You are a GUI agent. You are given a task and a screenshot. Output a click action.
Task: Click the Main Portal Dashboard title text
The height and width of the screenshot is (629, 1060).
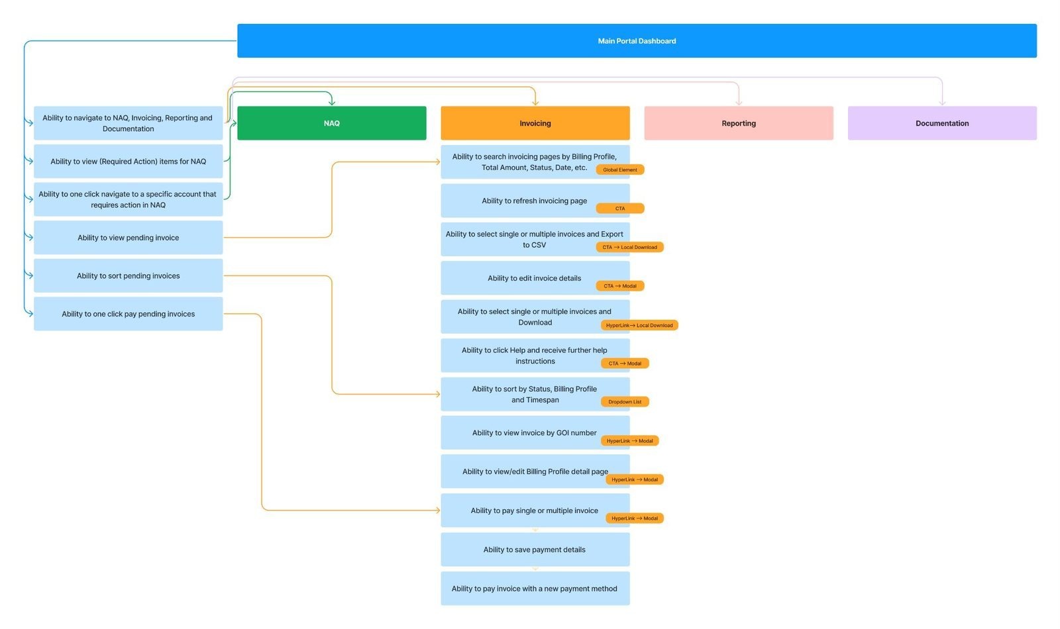[x=637, y=41]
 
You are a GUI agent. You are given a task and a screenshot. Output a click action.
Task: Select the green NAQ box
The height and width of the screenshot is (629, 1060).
[x=331, y=123]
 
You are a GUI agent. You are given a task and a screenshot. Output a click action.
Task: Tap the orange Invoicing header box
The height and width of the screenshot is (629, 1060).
[x=535, y=123]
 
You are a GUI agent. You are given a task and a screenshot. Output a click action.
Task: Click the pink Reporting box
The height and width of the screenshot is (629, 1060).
[x=738, y=123]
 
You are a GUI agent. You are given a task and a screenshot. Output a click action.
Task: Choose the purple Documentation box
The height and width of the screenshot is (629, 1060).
[x=941, y=123]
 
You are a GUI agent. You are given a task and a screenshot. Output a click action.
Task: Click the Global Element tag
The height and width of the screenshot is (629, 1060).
[x=619, y=169]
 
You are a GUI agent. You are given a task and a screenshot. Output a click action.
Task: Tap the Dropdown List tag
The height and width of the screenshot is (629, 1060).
[x=625, y=402]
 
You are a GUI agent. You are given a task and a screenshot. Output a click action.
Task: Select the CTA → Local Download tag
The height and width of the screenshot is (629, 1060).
[x=629, y=247]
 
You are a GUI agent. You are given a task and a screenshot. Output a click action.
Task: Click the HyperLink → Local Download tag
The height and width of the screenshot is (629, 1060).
[x=639, y=325]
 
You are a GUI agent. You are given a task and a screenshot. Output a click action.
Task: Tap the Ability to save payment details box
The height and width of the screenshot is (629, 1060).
[x=535, y=550]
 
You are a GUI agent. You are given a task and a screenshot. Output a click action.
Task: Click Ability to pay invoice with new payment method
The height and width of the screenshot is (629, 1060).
[x=535, y=589]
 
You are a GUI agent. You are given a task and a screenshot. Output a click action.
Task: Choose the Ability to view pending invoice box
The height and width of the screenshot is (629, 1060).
[x=128, y=238]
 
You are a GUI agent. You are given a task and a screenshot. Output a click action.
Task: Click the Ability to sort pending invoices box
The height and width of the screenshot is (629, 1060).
[x=128, y=276]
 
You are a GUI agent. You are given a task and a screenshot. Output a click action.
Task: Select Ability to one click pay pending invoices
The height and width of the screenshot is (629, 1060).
[x=128, y=314]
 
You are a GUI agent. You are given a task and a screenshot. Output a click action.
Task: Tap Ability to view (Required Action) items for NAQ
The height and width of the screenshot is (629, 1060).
[x=128, y=162]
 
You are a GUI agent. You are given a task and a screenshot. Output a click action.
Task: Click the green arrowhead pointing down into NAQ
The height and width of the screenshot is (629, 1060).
[x=331, y=102]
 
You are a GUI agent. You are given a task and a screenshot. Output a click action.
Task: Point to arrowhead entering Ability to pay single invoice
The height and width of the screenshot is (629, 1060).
[x=437, y=510]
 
